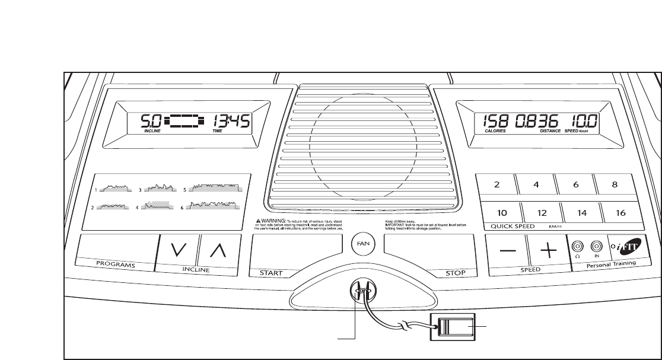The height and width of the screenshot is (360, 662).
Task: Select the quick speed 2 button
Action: click(496, 184)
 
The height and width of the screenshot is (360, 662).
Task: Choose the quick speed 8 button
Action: click(615, 184)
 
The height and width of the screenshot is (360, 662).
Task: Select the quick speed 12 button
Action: click(540, 212)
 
